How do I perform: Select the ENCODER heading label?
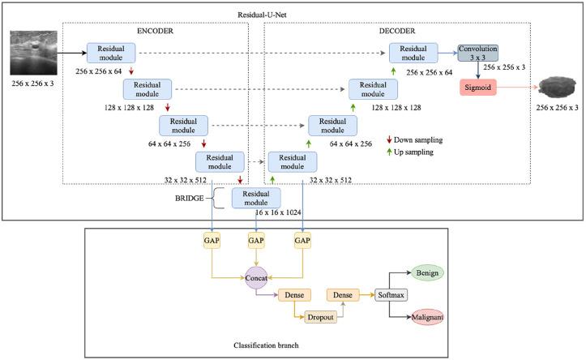pyautogui.click(x=150, y=32)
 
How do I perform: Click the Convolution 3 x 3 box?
pyautogui.click(x=477, y=54)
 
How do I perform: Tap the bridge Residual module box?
pyautogui.click(x=255, y=198)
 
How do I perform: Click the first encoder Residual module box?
pyautogui.click(x=110, y=54)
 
